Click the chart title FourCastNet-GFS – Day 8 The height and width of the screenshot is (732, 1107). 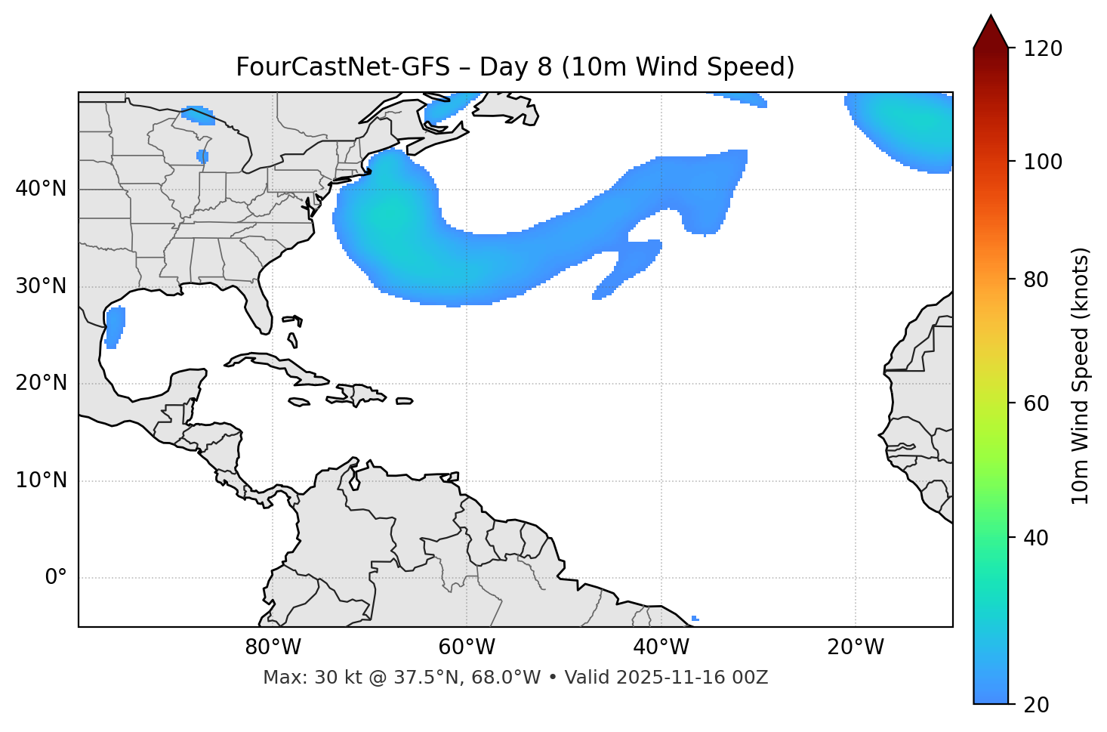(x=515, y=67)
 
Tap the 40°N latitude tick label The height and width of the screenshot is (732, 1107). (x=41, y=189)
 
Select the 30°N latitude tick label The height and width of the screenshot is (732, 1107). (x=41, y=286)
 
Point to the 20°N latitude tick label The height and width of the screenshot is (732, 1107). (x=41, y=383)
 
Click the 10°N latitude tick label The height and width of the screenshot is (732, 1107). (x=41, y=480)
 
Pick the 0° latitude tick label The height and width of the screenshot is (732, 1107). (x=56, y=578)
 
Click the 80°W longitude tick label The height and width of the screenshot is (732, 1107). (x=273, y=647)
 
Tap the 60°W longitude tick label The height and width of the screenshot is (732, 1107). (x=467, y=647)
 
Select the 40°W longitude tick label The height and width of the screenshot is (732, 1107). (x=661, y=647)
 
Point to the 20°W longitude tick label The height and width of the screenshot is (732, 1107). (x=855, y=647)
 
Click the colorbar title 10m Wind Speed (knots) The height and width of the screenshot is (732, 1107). (x=1081, y=375)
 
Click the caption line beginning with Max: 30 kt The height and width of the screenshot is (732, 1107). (x=515, y=678)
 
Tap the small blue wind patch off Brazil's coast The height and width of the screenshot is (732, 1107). (x=695, y=619)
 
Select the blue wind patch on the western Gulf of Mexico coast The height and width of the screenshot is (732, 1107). (x=115, y=326)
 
